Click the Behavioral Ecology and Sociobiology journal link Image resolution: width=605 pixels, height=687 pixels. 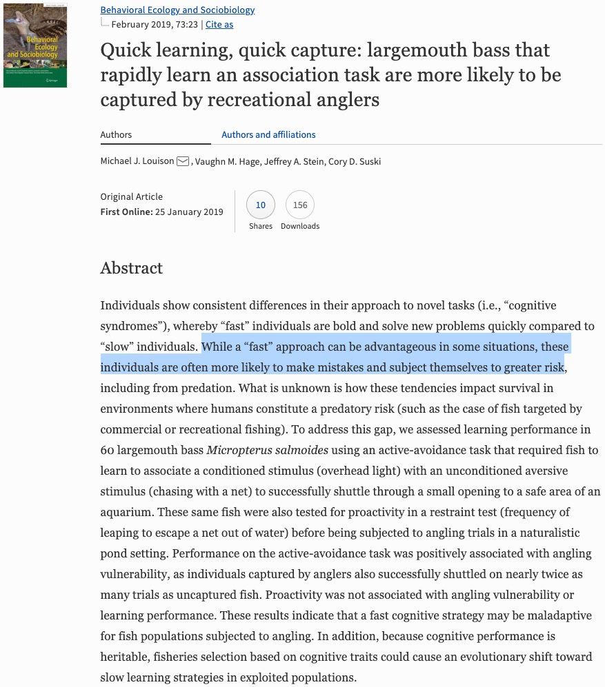(177, 10)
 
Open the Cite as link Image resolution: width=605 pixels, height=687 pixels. (219, 24)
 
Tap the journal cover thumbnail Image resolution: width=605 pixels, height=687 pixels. (34, 45)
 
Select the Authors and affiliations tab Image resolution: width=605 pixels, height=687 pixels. (268, 134)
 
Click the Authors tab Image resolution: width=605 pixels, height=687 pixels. (116, 134)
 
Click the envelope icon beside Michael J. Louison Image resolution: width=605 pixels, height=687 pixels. (183, 161)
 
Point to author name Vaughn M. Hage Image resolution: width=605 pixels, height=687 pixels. (226, 161)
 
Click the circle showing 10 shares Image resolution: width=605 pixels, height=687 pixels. (261, 205)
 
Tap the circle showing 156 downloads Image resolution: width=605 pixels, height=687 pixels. (300, 205)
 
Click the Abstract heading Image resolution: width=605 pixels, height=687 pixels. (132, 268)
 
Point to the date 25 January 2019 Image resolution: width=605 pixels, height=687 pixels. (189, 212)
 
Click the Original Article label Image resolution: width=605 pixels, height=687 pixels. (132, 196)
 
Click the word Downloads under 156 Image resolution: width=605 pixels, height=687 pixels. (300, 226)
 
